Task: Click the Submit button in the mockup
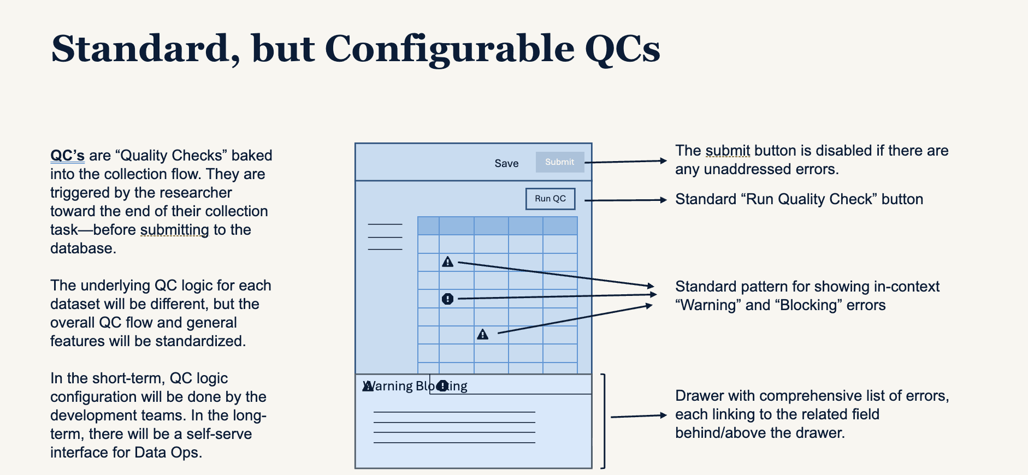pos(559,162)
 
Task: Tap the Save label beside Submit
pos(506,163)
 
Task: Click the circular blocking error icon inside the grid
pos(447,299)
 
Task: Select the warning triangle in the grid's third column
pos(482,334)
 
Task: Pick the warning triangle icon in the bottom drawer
pos(368,387)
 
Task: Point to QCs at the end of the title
pos(622,49)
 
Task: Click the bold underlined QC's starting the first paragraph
pos(67,156)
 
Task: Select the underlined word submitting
pos(174,230)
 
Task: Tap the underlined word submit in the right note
pos(728,151)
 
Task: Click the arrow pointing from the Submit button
pos(625,162)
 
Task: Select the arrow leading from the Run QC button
pos(625,200)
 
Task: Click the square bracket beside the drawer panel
pos(603,421)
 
